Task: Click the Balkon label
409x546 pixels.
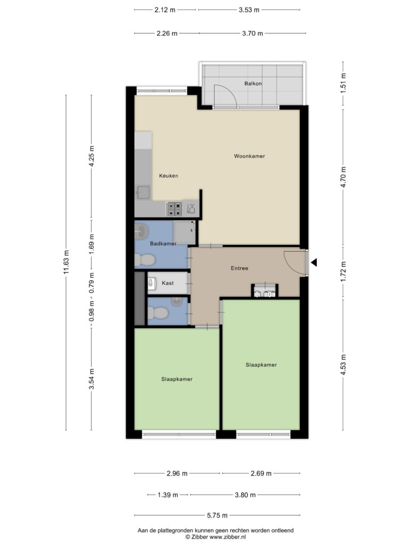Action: (x=253, y=84)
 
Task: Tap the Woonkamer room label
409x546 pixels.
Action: (x=249, y=156)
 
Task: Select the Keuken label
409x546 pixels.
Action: (x=169, y=176)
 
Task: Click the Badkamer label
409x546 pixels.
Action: (x=163, y=244)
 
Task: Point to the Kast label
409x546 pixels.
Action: (x=168, y=283)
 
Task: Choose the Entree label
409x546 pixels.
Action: (x=240, y=268)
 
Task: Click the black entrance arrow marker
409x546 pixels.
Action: (x=314, y=262)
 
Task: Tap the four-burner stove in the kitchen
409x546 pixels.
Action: (x=174, y=209)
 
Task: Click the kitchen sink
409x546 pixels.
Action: (x=143, y=192)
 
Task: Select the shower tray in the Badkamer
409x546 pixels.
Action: (x=185, y=232)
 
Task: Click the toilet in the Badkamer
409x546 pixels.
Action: (x=145, y=260)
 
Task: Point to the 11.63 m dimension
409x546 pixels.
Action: (x=67, y=262)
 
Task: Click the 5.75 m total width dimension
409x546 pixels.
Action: (x=217, y=516)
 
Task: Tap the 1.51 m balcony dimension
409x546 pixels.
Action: (x=343, y=83)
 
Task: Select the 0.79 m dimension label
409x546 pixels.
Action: (x=92, y=283)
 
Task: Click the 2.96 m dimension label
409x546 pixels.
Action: (x=177, y=473)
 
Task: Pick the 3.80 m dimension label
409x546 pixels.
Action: (x=245, y=495)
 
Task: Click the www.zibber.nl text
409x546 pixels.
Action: (x=227, y=537)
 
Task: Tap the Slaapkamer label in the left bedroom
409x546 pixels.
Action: (x=177, y=379)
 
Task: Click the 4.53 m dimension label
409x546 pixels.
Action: (x=343, y=365)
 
